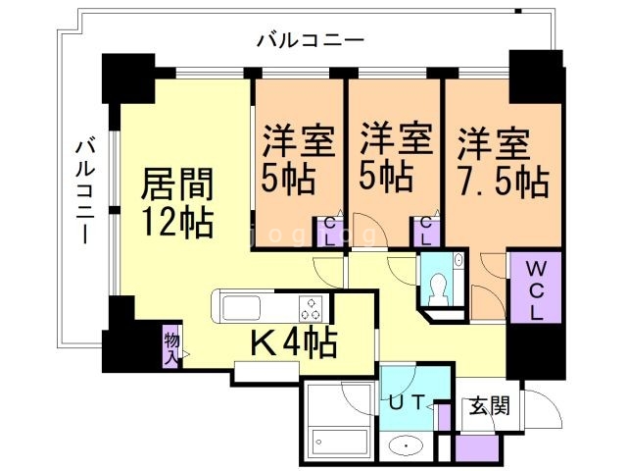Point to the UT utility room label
tap(410, 402)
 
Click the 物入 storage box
tap(171, 345)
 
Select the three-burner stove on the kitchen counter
tap(312, 307)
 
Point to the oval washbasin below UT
tap(408, 446)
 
